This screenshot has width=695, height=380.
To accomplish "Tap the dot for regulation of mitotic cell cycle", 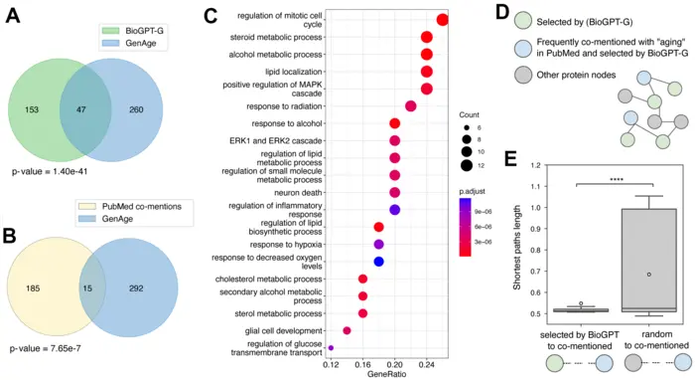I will click(443, 20).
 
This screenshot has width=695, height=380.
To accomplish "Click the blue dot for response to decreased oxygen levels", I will click(379, 262).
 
